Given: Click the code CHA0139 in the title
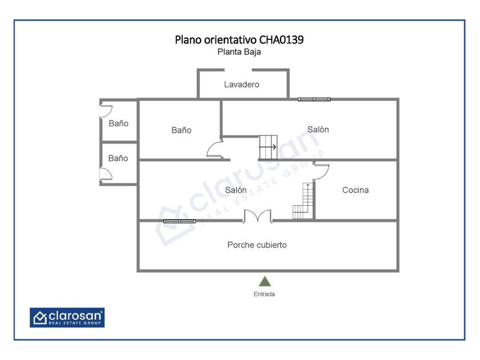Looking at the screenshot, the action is click(281, 40).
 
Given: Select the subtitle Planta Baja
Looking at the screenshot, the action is click(239, 52).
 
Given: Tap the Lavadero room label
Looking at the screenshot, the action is click(242, 85).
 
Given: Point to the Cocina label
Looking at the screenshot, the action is click(355, 190).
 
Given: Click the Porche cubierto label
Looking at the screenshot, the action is click(257, 245).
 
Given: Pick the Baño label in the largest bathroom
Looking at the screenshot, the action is click(181, 130).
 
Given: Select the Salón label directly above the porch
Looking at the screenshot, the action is click(235, 190).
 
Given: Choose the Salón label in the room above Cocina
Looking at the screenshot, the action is click(318, 130).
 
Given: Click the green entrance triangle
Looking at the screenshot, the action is click(265, 281).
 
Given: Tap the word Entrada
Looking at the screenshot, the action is click(264, 294).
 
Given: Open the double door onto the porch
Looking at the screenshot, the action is click(258, 216).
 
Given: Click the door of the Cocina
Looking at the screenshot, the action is click(321, 171).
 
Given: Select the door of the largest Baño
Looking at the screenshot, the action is click(215, 149).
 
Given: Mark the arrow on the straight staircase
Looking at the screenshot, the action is click(268, 147).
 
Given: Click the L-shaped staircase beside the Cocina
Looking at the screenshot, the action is click(303, 201).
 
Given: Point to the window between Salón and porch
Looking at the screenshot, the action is click(179, 221).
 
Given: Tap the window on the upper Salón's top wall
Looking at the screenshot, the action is click(314, 99).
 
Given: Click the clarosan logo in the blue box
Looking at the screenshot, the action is click(67, 318).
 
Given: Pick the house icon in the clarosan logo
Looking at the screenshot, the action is click(40, 318).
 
